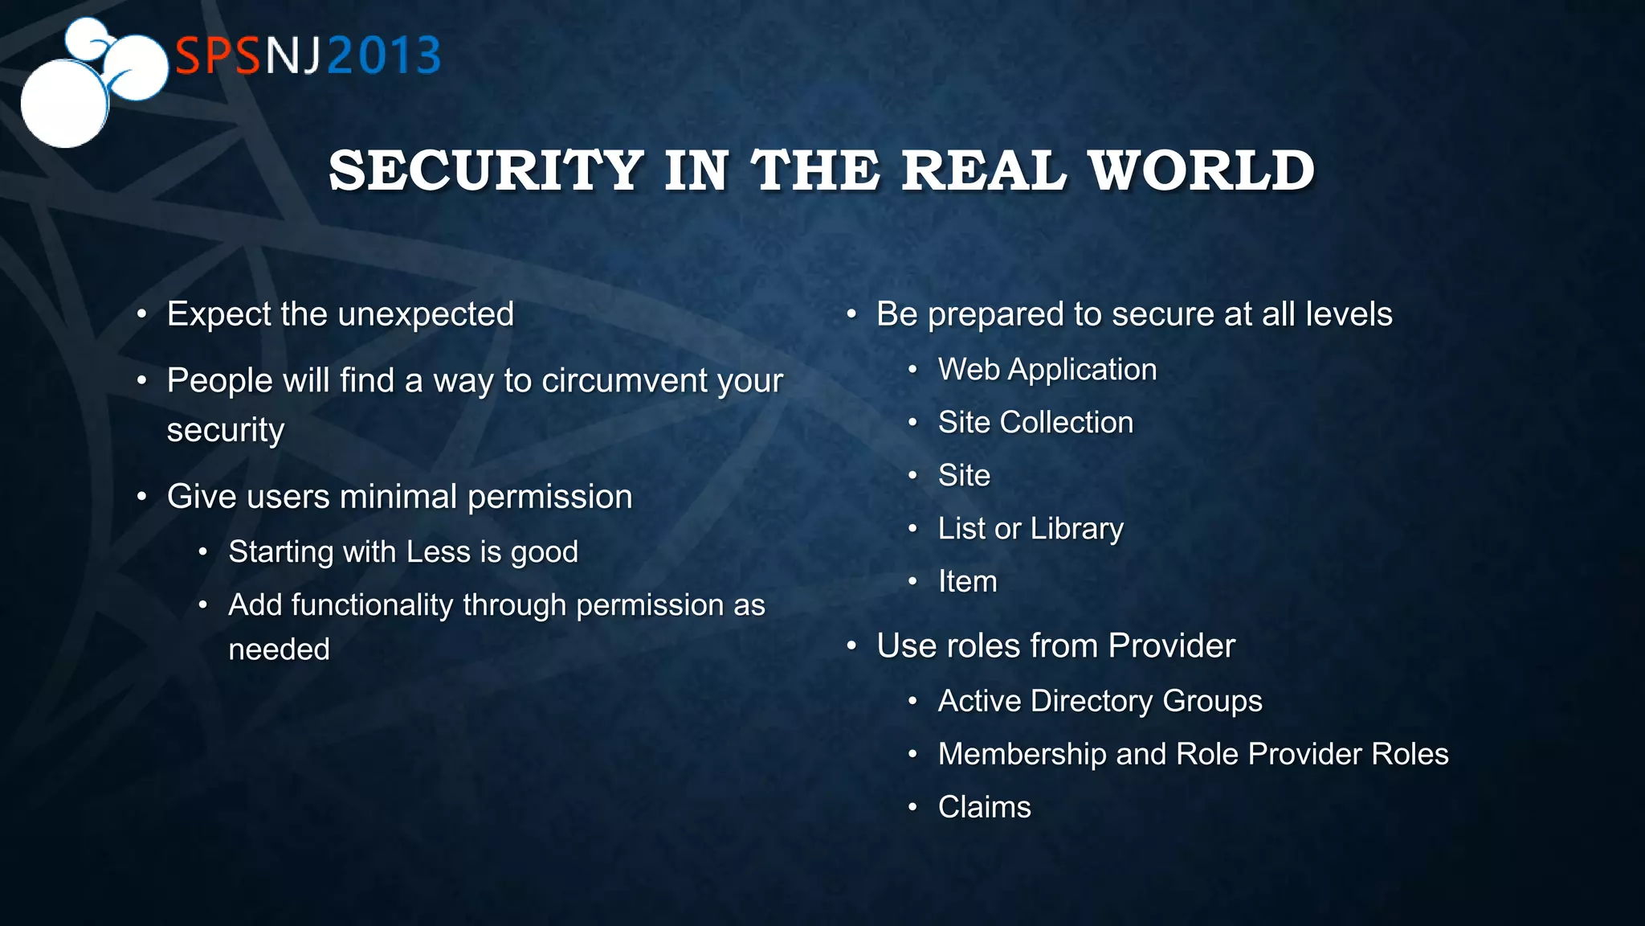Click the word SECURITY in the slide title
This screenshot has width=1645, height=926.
point(486,170)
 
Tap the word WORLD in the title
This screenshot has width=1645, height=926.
point(1201,170)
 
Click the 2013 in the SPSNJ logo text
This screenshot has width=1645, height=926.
point(384,56)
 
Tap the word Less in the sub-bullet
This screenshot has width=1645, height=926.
point(439,552)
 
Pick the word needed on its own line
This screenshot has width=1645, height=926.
point(279,649)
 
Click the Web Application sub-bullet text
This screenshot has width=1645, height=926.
point(1047,370)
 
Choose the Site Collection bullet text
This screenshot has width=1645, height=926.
point(1035,423)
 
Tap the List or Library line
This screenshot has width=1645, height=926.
point(1031,529)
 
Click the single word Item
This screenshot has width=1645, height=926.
point(967,582)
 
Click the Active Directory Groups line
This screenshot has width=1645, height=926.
point(1100,701)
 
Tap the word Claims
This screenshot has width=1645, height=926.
point(984,807)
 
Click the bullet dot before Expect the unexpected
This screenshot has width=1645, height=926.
point(141,314)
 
